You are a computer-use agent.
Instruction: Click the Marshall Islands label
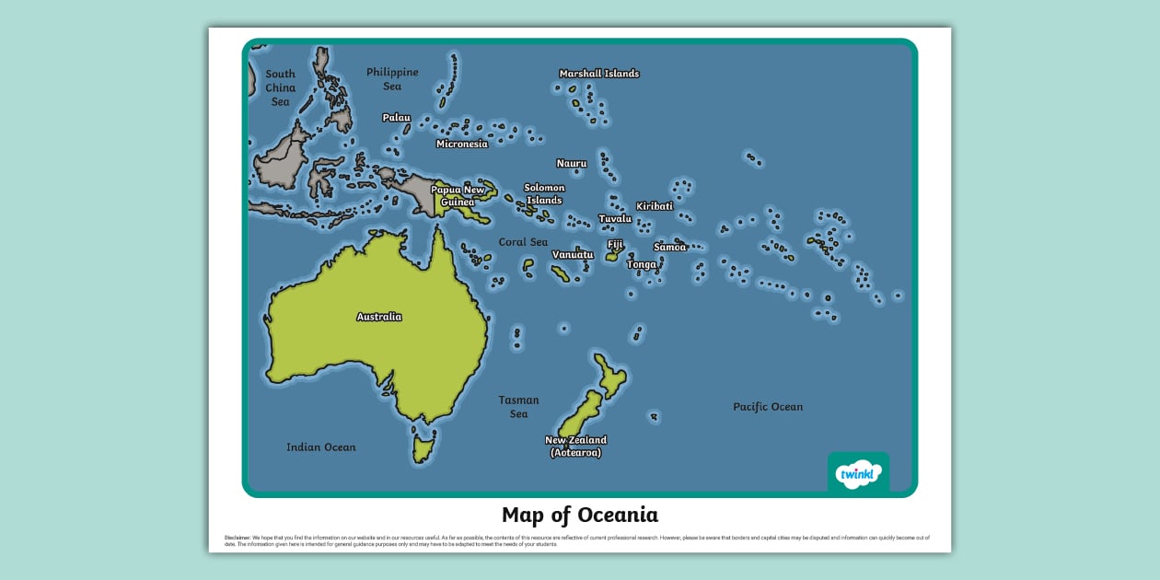(598, 74)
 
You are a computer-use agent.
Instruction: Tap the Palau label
(396, 118)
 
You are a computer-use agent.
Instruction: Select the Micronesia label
(461, 144)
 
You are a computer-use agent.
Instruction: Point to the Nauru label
(571, 163)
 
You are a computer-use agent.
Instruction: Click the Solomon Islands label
(544, 193)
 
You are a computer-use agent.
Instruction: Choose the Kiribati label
(655, 206)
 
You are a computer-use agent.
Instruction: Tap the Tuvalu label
(615, 219)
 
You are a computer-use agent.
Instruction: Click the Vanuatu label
(573, 255)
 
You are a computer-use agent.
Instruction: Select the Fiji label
(615, 244)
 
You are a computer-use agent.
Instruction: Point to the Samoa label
(669, 247)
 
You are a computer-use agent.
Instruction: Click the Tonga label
(642, 264)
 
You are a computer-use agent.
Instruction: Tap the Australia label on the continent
(378, 317)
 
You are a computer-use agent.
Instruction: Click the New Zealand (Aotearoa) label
(575, 447)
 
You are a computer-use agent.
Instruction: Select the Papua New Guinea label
(458, 196)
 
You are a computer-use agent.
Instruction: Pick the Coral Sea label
(523, 242)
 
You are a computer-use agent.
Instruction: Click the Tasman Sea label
(518, 407)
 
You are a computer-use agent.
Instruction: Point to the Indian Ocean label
(320, 447)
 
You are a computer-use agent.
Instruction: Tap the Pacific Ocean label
(768, 407)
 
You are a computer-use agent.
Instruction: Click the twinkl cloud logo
(858, 474)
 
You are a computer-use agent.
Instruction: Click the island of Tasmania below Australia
(423, 450)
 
